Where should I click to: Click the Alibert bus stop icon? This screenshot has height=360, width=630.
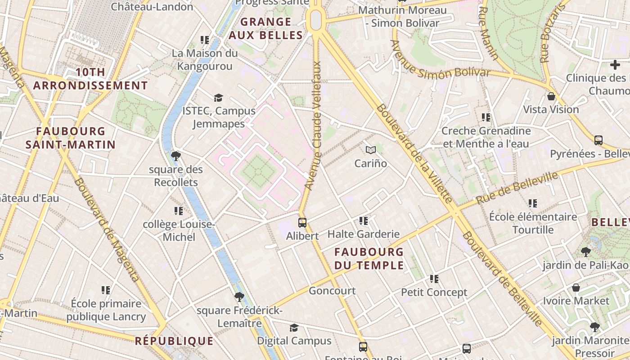(x=302, y=222)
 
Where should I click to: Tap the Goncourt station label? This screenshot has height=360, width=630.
(x=332, y=291)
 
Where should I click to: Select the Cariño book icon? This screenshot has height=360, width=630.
(x=370, y=150)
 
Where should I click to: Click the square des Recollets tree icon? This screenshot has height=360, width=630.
(x=175, y=156)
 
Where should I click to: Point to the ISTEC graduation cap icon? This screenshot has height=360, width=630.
(x=218, y=98)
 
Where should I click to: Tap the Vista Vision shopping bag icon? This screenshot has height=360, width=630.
(x=551, y=96)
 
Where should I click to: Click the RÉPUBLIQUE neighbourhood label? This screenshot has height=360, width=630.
(x=174, y=341)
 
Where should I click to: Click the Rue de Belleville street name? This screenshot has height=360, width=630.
(x=517, y=187)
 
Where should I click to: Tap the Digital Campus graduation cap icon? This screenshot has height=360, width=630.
(x=294, y=328)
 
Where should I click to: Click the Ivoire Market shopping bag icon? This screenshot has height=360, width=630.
(x=576, y=288)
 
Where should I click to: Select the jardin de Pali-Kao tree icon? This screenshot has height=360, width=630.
(x=585, y=252)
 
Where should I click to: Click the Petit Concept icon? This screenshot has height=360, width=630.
(x=434, y=279)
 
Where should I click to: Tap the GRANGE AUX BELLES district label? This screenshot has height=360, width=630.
(x=265, y=28)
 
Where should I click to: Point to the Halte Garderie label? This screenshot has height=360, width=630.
(x=363, y=234)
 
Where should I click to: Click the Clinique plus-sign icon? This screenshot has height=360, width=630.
(x=615, y=65)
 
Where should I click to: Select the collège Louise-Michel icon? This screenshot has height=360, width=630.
(x=178, y=211)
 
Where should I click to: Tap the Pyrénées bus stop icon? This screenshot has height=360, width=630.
(x=598, y=140)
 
